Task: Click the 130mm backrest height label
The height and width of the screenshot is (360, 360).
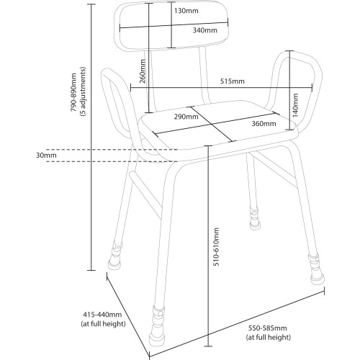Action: (x=186, y=11)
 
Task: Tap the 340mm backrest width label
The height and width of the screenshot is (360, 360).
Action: (x=204, y=30)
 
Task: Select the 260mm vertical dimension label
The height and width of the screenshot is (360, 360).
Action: (x=143, y=71)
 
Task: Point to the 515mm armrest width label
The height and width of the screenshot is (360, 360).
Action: (x=233, y=81)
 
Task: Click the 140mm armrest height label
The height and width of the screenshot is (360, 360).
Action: (x=295, y=105)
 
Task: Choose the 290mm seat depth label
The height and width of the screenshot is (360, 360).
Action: (x=186, y=117)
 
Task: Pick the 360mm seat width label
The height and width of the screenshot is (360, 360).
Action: (x=264, y=123)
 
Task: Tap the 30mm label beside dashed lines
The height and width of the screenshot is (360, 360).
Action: (x=46, y=155)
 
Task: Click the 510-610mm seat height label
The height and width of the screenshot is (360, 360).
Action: (x=216, y=247)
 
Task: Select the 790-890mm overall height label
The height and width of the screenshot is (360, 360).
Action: (x=73, y=92)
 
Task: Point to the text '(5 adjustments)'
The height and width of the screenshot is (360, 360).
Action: (x=83, y=91)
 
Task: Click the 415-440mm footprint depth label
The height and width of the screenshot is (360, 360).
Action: (x=102, y=314)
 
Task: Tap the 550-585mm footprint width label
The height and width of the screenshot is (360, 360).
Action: (x=267, y=328)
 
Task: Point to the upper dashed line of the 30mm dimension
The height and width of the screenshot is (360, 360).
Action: (x=112, y=150)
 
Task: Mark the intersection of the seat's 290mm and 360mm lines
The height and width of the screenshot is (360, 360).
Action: (x=212, y=124)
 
